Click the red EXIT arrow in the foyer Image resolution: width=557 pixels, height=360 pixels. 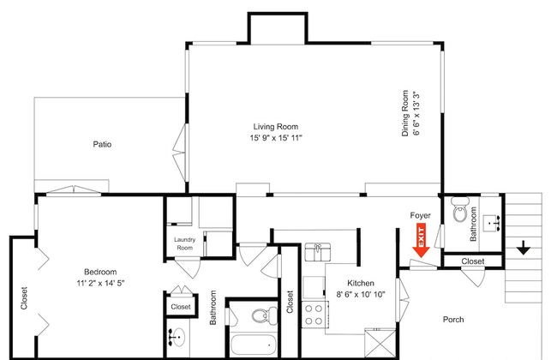click(x=421, y=240)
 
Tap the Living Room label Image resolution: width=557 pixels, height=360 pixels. click(x=276, y=127)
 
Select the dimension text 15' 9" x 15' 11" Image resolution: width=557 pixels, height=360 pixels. click(x=276, y=138)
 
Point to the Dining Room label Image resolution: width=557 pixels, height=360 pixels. click(x=405, y=113)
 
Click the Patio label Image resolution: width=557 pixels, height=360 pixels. click(x=102, y=144)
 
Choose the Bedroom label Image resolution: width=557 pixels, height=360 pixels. click(x=100, y=272)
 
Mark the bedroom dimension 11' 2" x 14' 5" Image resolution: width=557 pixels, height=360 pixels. click(x=100, y=283)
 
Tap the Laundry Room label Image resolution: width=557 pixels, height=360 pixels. click(x=185, y=243)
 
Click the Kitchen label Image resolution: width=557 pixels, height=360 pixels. click(x=361, y=283)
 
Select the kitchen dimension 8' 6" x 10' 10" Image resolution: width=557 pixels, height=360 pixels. click(x=361, y=294)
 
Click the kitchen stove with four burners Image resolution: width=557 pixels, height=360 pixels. click(x=314, y=315)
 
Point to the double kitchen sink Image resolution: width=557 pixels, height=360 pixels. click(x=318, y=252)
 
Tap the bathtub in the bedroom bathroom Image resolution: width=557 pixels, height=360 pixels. click(x=254, y=345)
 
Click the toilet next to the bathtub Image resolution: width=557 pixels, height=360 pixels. click(x=264, y=315)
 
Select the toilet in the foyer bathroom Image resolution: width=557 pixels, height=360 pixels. click(x=460, y=210)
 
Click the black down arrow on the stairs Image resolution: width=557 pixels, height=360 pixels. click(x=524, y=248)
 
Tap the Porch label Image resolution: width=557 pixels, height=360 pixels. click(x=453, y=320)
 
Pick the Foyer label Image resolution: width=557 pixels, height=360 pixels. click(x=420, y=215)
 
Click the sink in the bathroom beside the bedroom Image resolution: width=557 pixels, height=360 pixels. click(x=177, y=337)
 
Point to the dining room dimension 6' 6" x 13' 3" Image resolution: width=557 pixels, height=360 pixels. click(x=416, y=113)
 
